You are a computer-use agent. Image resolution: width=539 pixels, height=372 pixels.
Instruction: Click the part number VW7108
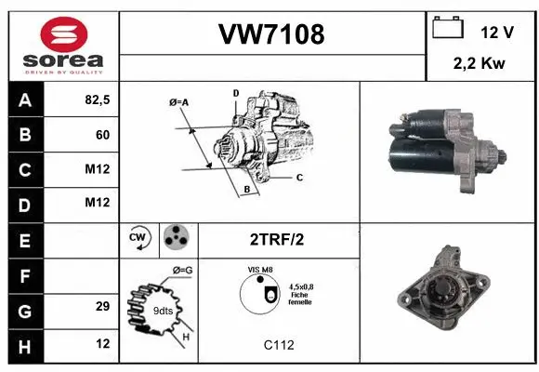pyautogui.click(x=271, y=35)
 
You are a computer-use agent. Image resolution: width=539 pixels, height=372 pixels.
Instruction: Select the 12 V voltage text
pyautogui.click(x=497, y=32)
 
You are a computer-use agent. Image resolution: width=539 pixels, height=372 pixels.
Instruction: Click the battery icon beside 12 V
pyautogui.click(x=448, y=28)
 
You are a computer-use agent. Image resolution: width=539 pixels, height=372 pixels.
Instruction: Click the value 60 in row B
pyautogui.click(x=102, y=135)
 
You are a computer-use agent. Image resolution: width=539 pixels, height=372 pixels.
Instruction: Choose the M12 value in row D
pyautogui.click(x=97, y=203)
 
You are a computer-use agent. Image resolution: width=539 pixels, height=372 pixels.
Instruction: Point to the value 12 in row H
pyautogui.click(x=102, y=343)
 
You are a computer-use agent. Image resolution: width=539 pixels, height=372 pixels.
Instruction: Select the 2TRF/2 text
pyautogui.click(x=278, y=239)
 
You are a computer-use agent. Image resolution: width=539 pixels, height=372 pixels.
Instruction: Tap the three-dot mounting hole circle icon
pyautogui.click(x=177, y=238)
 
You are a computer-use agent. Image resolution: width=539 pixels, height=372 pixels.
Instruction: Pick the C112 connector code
pyautogui.click(x=277, y=345)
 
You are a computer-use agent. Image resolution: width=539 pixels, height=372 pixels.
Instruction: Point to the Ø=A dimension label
pyautogui.click(x=179, y=101)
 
